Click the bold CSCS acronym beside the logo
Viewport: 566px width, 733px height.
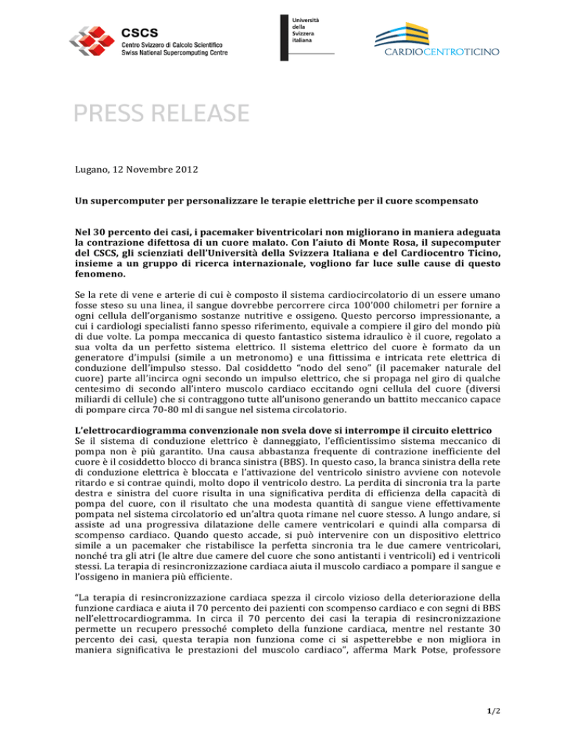136,32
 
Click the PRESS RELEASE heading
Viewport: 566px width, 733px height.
159,114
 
